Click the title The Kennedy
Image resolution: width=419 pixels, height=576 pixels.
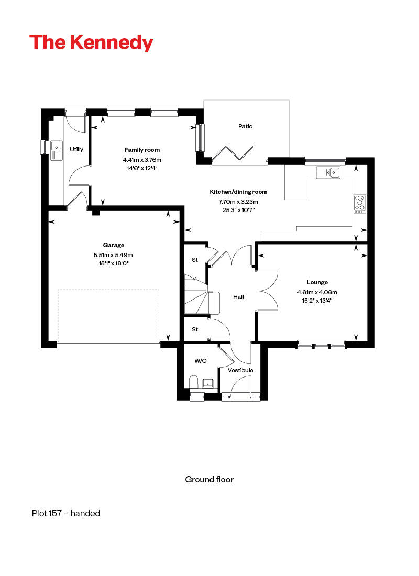click(x=91, y=42)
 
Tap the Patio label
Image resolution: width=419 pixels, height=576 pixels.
click(x=245, y=126)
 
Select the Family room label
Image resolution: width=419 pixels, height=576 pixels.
click(x=142, y=150)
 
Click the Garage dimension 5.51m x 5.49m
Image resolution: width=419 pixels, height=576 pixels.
click(x=114, y=255)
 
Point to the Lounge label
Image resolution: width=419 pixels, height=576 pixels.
click(x=317, y=282)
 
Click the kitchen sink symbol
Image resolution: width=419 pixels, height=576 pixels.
click(x=328, y=172)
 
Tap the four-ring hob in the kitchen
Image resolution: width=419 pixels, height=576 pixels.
click(x=360, y=203)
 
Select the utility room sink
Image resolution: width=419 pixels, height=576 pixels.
click(x=56, y=149)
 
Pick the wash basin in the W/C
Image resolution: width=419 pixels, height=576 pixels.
click(x=209, y=384)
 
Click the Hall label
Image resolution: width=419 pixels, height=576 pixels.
click(x=238, y=297)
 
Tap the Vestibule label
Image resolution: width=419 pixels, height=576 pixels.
click(x=240, y=370)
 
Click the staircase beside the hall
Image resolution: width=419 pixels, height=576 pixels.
click(x=196, y=296)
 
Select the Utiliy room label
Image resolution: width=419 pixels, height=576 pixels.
click(x=76, y=149)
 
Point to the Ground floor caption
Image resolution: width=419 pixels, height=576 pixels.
click(x=209, y=479)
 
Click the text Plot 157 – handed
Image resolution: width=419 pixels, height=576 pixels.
click(x=66, y=513)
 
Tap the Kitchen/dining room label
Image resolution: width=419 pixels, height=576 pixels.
click(x=238, y=192)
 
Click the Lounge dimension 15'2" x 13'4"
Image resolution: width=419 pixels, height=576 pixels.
click(x=317, y=301)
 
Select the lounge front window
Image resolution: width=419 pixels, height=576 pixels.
click(x=322, y=344)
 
